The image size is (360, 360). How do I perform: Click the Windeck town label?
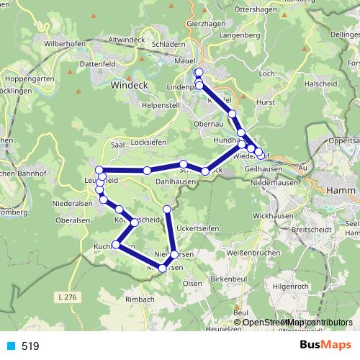(x=129, y=85)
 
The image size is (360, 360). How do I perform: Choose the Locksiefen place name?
(x=148, y=143)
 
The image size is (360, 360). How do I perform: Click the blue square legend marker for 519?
(x=9, y=346)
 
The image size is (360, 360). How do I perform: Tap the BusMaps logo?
(x=325, y=346)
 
